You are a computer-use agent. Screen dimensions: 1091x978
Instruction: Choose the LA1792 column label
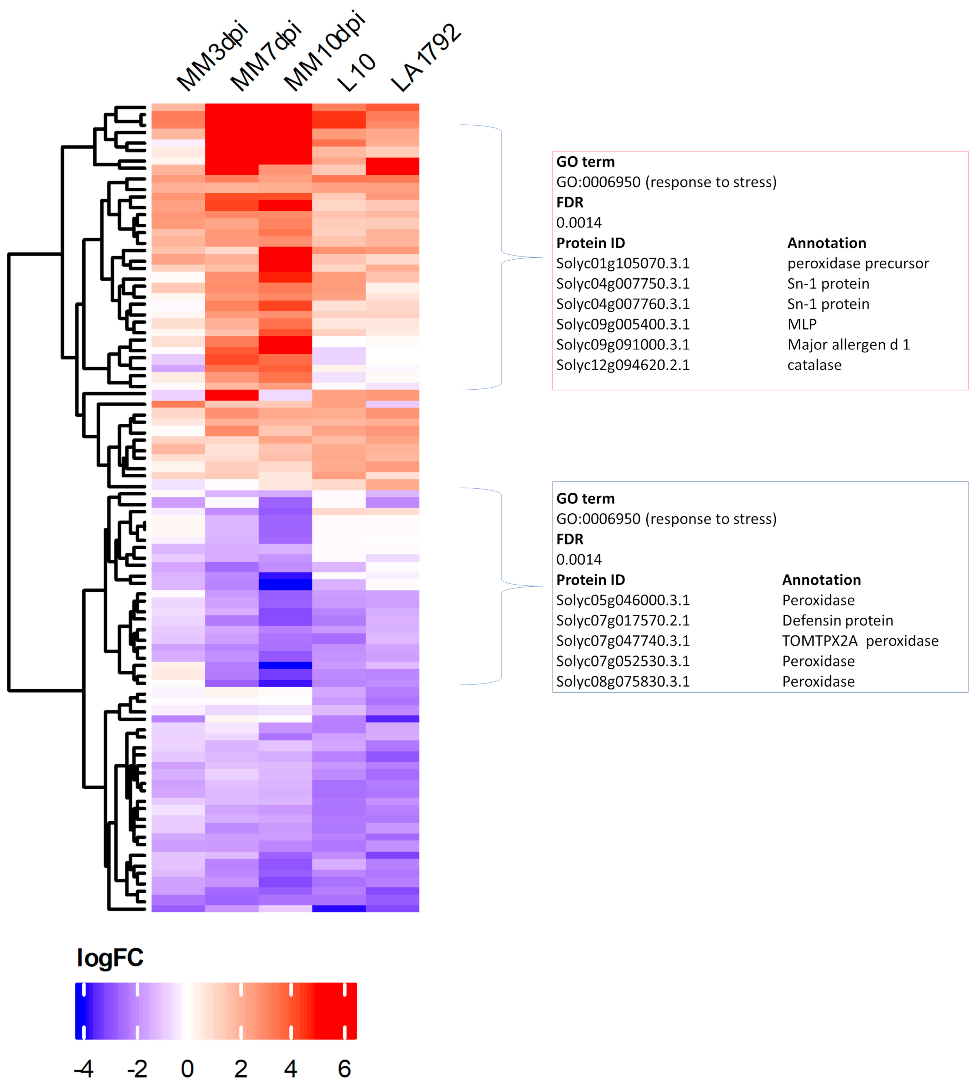[x=426, y=58]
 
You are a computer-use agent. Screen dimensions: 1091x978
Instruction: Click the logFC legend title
[x=110, y=958]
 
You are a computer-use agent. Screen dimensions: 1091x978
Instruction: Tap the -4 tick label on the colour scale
[x=84, y=1068]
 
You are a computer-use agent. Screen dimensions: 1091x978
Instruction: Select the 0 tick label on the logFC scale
[x=187, y=1068]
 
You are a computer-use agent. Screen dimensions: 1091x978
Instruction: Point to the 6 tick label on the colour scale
[x=344, y=1068]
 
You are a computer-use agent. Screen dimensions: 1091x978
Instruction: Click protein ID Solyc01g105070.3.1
[x=623, y=263]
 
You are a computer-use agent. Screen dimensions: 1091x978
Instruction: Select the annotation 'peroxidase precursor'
[x=858, y=263]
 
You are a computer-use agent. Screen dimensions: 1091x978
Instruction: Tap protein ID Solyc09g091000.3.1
[x=623, y=345]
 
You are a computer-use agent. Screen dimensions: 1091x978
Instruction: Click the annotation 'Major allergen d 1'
[x=848, y=345]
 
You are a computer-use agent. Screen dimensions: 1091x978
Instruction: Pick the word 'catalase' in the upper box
[x=814, y=365]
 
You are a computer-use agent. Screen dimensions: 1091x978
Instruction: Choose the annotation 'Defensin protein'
[x=837, y=620]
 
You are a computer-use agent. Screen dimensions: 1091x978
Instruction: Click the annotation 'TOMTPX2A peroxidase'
[x=860, y=641]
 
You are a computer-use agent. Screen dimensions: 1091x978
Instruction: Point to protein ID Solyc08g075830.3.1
[x=623, y=682]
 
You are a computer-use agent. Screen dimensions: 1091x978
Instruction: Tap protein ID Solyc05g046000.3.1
[x=623, y=600]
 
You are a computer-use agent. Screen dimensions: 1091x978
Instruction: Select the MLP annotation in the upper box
[x=802, y=324]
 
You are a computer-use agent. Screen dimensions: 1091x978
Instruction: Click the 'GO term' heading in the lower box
[x=585, y=498]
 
